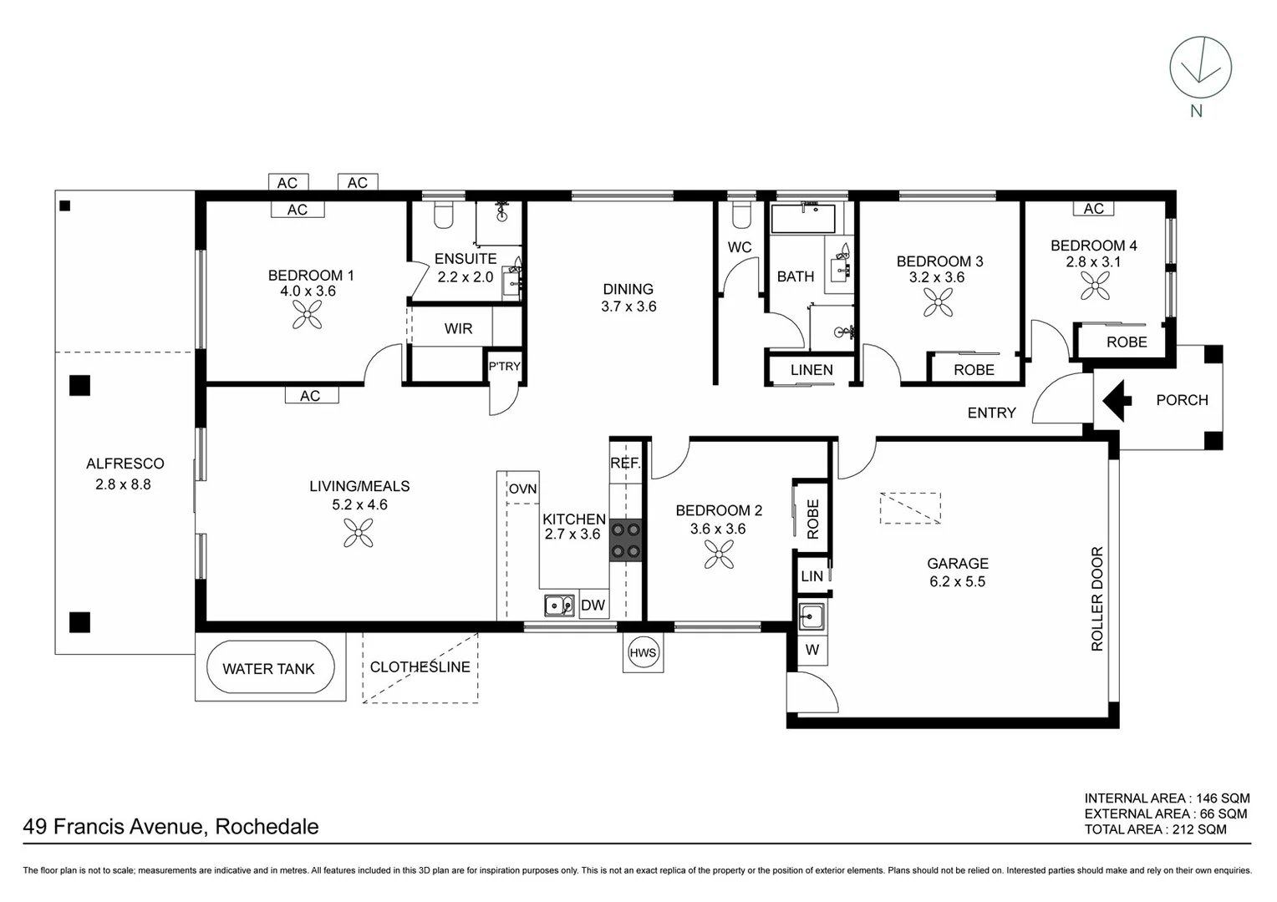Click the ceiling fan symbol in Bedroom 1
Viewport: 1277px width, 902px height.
[308, 314]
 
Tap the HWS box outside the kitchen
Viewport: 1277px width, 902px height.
[643, 652]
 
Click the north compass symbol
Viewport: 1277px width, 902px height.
[1200, 68]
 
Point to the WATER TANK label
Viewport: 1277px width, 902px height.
[268, 668]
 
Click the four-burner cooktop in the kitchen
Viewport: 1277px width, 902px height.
[626, 540]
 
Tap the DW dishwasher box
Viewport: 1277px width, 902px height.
[593, 606]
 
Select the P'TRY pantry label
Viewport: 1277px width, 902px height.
[504, 366]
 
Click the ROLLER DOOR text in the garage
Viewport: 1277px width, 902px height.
[1097, 599]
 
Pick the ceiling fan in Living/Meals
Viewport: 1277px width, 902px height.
[359, 532]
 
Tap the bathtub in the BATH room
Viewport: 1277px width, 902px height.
[803, 219]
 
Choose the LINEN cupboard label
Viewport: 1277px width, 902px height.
[811, 370]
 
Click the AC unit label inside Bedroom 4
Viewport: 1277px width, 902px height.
[1093, 209]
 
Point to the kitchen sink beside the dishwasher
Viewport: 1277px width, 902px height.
[558, 605]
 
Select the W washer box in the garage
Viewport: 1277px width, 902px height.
[811, 650]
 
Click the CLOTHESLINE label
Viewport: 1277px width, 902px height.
[420, 666]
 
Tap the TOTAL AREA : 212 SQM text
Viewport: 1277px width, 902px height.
[1155, 829]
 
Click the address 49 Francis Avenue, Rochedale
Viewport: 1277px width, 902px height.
[171, 827]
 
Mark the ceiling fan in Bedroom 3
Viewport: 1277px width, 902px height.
[938, 302]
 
